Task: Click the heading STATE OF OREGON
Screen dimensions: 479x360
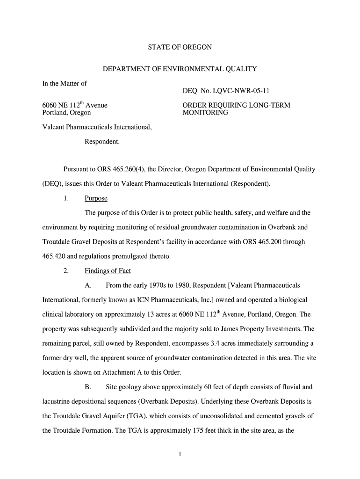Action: pyautogui.click(x=180, y=47)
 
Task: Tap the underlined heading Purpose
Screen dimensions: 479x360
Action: pyautogui.click(x=96, y=198)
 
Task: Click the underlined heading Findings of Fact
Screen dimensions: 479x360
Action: pyautogui.click(x=108, y=271)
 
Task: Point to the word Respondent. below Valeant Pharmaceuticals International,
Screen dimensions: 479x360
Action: pyautogui.click(x=102, y=141)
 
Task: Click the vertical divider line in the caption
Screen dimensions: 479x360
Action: pyautogui.click(x=176, y=112)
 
